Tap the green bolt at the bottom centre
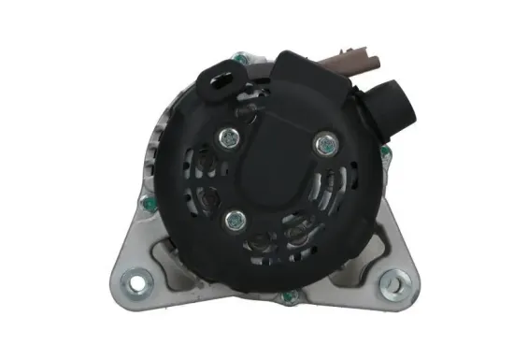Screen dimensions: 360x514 [x=289, y=296]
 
